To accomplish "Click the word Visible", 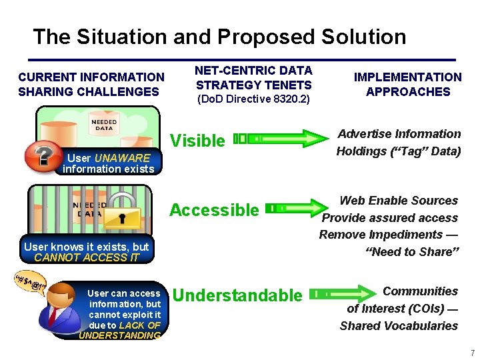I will tap(198, 141).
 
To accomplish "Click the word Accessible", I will tap(214, 210).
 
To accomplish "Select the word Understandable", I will tap(237, 295).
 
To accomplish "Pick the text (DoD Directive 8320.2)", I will tap(253, 99).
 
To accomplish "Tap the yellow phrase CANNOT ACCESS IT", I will tap(87, 257).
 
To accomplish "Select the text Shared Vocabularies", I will tap(399, 326).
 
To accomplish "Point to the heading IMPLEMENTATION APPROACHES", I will tap(407, 85).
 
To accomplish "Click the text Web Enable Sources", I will tap(399, 201).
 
